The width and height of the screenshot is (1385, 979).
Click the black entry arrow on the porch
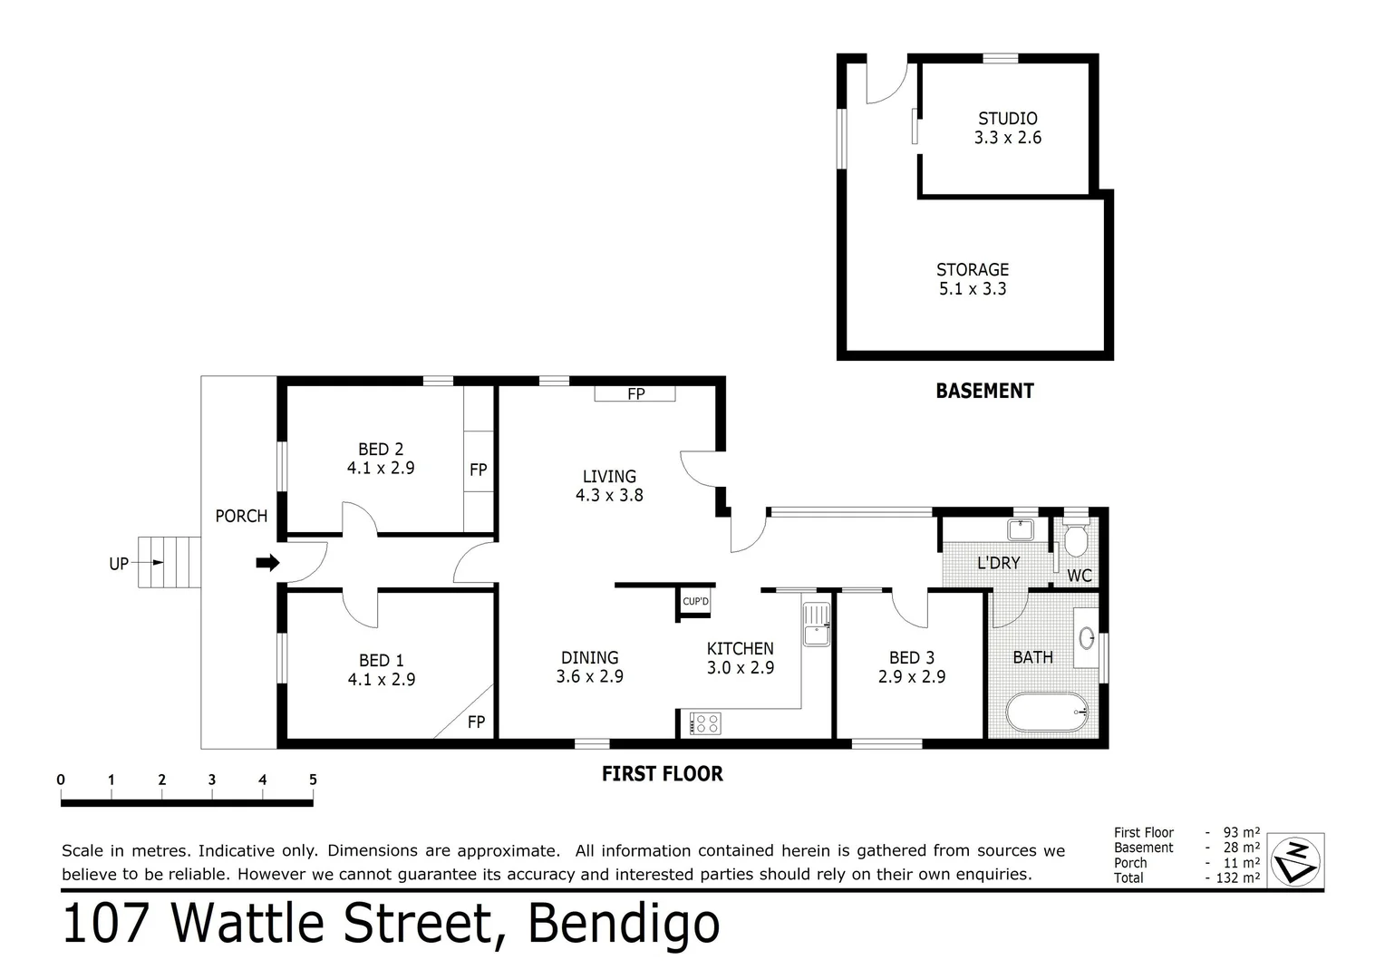click(x=267, y=563)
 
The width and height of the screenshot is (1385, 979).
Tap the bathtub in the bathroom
click(x=1047, y=712)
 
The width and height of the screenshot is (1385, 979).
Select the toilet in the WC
click(x=1076, y=540)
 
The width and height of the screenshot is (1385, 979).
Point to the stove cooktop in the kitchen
click(x=705, y=723)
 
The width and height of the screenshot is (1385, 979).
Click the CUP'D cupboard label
click(x=695, y=602)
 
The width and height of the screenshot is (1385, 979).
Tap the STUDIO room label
click(x=1007, y=119)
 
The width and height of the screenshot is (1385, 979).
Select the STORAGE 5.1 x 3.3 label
click(x=972, y=279)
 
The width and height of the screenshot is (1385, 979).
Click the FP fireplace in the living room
click(x=635, y=393)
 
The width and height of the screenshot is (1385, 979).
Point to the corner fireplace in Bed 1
click(x=470, y=720)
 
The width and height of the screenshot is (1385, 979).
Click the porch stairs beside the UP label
click(x=169, y=562)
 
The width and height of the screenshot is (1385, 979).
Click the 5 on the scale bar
click(x=313, y=780)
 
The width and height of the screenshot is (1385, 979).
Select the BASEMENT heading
click(x=984, y=391)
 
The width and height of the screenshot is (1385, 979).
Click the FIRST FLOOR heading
click(x=662, y=773)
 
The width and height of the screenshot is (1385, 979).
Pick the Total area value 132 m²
click(x=1237, y=877)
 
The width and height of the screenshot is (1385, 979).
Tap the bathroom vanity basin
click(x=1086, y=637)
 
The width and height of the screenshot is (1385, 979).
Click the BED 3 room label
click(x=911, y=658)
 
